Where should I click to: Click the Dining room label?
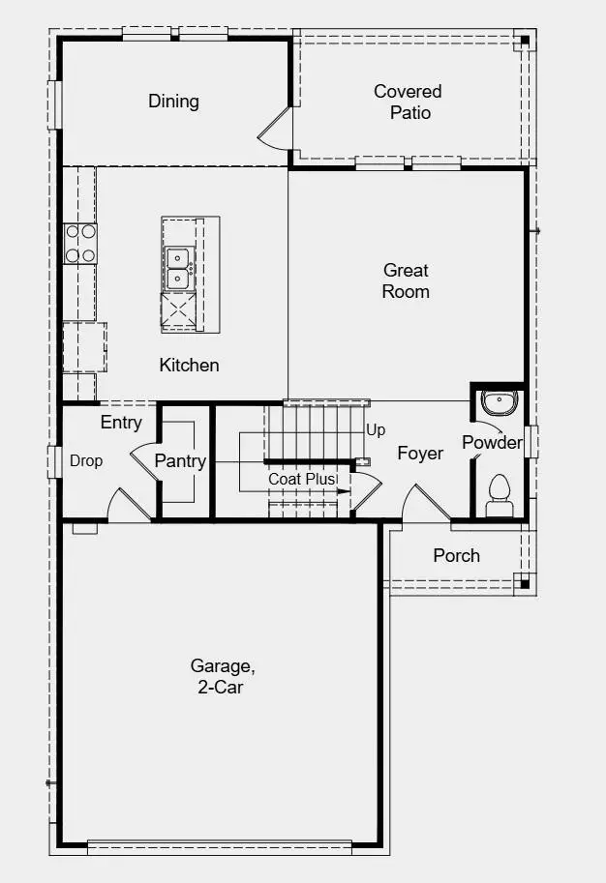tap(173, 101)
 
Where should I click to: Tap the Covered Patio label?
tap(408, 102)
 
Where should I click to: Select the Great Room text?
tap(406, 280)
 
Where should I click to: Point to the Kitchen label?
tap(189, 365)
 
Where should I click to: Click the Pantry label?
tap(180, 461)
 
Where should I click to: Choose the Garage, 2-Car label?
tap(223, 676)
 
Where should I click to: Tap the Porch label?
tap(456, 555)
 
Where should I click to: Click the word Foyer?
tap(420, 453)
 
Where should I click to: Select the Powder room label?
tap(492, 443)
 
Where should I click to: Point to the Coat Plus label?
tap(303, 479)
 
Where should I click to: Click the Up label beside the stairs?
tap(376, 429)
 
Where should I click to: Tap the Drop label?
tap(86, 461)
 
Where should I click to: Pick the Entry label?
tap(121, 423)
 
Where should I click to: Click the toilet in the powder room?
tap(500, 491)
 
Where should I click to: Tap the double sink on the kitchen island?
tap(178, 268)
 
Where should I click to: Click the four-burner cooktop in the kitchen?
tap(80, 243)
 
